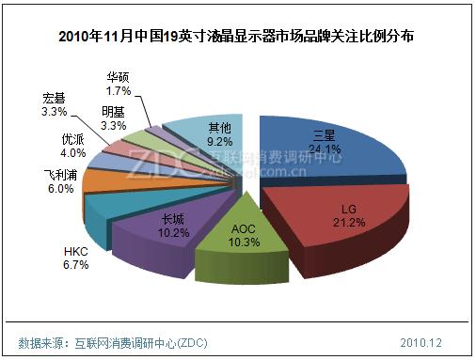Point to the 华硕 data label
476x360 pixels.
pyautogui.click(x=119, y=77)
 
